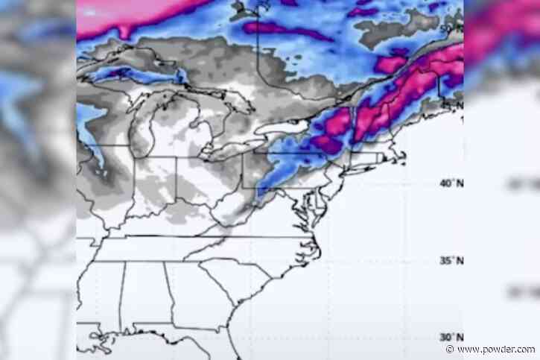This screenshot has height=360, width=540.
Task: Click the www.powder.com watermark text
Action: (495, 350)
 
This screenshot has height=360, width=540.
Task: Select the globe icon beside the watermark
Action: (450, 350)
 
